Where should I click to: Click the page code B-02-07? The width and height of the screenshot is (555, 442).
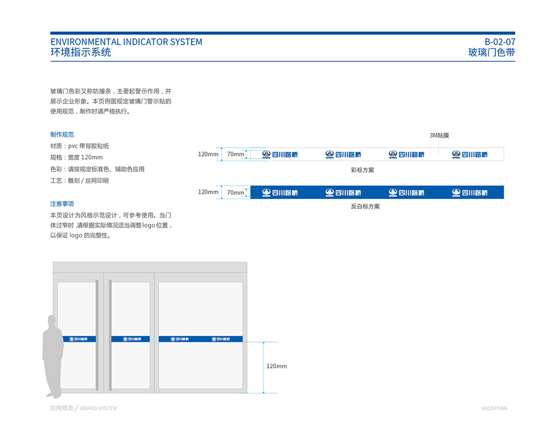coord(499,42)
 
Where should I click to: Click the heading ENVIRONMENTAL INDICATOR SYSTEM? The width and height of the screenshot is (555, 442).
coord(126,42)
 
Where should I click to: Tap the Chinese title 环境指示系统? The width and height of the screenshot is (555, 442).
coord(80,52)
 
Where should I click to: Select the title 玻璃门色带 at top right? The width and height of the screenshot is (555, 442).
coord(491,52)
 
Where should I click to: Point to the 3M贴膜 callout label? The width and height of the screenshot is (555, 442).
coord(439,135)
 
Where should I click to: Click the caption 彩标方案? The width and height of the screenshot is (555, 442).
coord(362,170)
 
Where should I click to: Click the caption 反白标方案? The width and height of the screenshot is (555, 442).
coord(365,206)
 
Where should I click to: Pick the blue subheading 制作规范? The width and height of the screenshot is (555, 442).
coord(62,135)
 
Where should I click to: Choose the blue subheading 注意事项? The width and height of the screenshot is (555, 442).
coord(62,204)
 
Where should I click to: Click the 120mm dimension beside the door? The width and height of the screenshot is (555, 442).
coord(276,366)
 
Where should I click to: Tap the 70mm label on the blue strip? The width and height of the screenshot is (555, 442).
coord(235,192)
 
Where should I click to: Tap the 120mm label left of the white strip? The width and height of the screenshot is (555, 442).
coord(208,154)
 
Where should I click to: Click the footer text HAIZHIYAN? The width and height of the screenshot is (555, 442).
coord(494,408)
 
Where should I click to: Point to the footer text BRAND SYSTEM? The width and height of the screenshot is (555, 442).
coord(99,408)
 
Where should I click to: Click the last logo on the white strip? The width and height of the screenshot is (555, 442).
coord(469,154)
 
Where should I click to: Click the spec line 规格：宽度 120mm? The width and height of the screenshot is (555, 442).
coord(76,158)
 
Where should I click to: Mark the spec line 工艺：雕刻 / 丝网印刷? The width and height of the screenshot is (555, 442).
coord(79,181)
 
